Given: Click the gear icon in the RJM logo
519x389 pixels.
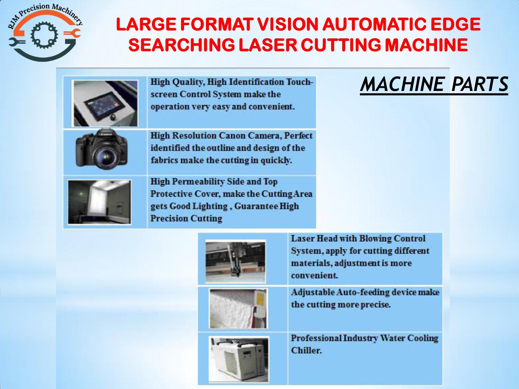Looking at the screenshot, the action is [44, 35].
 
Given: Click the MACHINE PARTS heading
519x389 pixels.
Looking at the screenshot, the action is [434, 84].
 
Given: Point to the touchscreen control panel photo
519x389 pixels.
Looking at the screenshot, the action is [106, 103].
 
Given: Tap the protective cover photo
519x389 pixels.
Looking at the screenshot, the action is [99, 202].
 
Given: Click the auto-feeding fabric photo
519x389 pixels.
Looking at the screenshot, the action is [238, 308].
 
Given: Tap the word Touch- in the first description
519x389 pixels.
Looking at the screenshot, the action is [300, 82].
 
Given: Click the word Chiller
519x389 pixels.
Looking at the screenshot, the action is [306, 350].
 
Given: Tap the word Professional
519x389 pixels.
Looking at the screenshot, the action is [316, 338].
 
